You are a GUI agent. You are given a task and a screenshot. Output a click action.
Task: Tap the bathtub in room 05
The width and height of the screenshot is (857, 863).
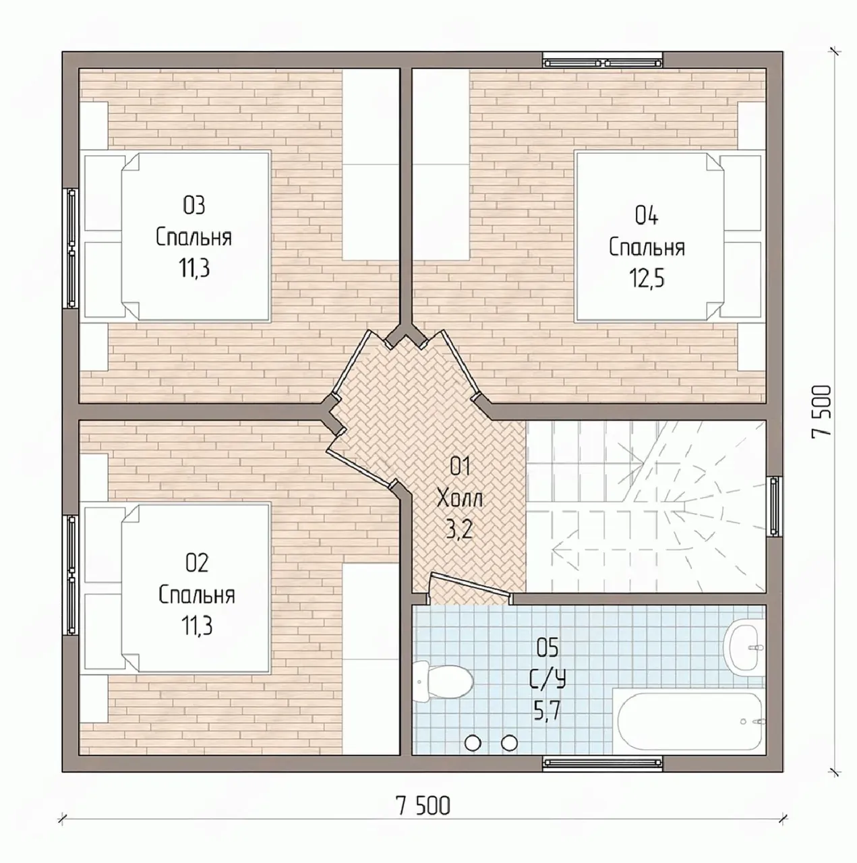point(688,721)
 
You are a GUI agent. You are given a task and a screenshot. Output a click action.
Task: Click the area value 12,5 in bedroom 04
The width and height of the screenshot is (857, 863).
point(647,278)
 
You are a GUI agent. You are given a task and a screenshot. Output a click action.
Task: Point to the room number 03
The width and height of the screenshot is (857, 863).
point(194,206)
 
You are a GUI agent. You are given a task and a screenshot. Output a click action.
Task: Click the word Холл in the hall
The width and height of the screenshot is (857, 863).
point(460,498)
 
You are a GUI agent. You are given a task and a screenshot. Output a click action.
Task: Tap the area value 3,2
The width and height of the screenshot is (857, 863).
point(460,530)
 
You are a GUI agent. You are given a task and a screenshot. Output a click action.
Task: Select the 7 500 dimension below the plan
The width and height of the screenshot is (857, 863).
point(423,806)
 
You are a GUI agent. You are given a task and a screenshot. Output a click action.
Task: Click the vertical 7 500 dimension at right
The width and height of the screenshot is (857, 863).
point(822,410)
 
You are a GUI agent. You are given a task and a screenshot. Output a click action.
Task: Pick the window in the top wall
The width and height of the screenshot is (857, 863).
point(603,61)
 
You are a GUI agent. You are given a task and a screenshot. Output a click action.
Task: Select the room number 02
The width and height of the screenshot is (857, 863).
point(197,563)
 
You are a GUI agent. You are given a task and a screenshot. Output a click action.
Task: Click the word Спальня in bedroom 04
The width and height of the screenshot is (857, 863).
point(647,247)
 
